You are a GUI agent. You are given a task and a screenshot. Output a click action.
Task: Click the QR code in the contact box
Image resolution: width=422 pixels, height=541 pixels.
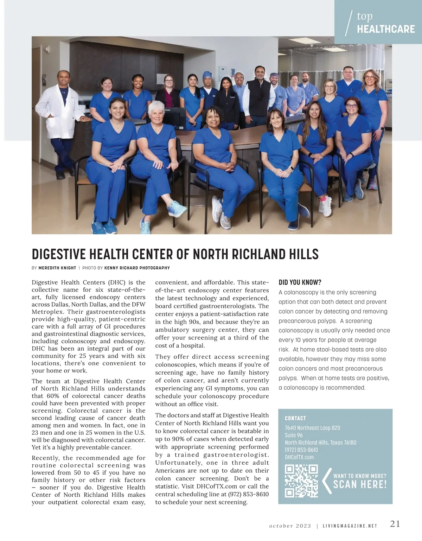click(301, 481)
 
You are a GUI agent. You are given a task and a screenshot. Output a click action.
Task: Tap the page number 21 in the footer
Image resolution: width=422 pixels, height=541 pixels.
click(395, 524)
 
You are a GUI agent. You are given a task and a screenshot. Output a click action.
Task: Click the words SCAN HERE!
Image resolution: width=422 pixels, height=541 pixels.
click(360, 485)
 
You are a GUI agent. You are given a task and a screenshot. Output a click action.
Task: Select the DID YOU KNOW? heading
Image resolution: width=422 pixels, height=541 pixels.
click(300, 282)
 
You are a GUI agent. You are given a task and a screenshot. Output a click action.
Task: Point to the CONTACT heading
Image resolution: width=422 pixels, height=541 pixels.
click(295, 418)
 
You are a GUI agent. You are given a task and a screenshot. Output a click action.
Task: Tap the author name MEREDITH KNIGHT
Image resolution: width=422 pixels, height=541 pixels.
click(57, 268)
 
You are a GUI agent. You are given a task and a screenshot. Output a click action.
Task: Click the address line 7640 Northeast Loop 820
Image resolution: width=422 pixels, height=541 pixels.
click(312, 428)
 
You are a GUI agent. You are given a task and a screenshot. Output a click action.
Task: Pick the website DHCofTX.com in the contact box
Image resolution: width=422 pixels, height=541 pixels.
click(299, 457)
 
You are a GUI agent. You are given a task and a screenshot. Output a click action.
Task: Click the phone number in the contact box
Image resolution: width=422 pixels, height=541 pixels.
click(301, 450)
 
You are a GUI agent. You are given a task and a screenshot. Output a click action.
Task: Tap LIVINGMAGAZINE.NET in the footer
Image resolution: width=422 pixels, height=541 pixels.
click(350, 526)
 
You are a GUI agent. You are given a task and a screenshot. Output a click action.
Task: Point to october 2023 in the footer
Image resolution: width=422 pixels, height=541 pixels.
click(290, 526)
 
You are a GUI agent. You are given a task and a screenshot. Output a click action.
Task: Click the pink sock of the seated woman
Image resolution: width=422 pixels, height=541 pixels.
click(322, 199)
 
